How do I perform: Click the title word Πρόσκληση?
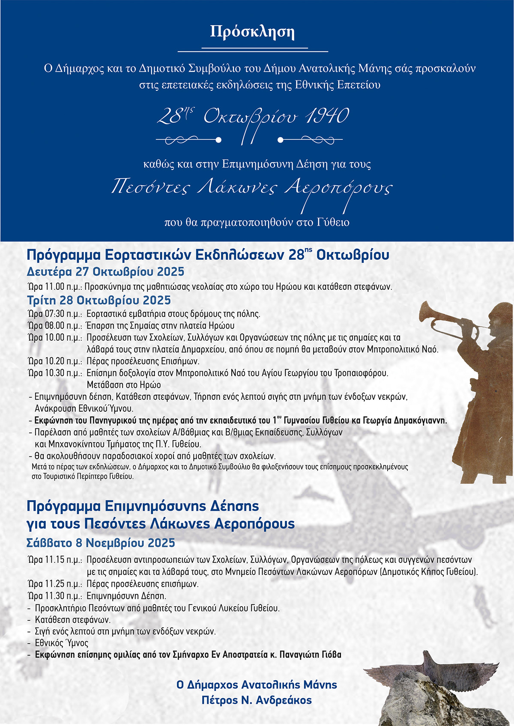click(252, 32)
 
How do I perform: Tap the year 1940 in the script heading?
click(327, 116)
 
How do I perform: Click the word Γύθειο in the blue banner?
click(333, 223)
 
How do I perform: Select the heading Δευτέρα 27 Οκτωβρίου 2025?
click(105, 272)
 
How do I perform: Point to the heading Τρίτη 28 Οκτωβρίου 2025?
click(99, 300)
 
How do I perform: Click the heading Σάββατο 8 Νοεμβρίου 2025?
click(101, 543)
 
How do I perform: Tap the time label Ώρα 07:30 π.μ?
click(54, 314)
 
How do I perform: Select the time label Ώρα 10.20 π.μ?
click(54, 361)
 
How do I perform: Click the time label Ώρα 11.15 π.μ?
click(54, 559)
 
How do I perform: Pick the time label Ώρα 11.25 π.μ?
click(54, 584)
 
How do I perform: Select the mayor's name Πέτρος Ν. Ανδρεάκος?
click(257, 700)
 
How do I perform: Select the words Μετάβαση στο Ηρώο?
click(124, 385)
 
